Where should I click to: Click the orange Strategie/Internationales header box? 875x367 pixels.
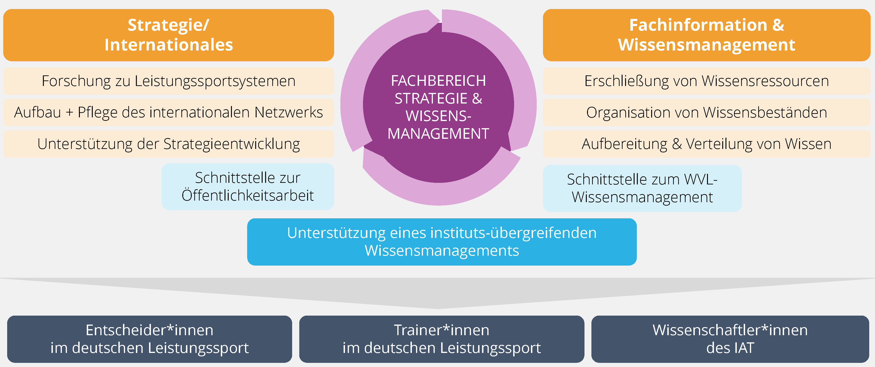(168, 35)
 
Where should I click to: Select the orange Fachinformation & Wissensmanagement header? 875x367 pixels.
(707, 35)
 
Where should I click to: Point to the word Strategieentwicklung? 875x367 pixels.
(232, 144)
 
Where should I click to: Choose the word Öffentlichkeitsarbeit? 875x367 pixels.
(248, 195)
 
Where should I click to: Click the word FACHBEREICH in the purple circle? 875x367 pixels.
(438, 81)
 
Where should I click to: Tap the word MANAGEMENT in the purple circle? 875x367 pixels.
(438, 134)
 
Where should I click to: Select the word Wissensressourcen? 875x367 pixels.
(765, 81)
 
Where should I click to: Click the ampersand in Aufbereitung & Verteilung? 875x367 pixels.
(677, 144)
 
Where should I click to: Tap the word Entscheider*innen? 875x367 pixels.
(150, 330)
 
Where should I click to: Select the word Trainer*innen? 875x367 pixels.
(442, 330)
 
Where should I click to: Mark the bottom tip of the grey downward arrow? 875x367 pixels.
(437, 308)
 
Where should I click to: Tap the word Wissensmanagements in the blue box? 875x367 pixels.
(442, 251)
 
